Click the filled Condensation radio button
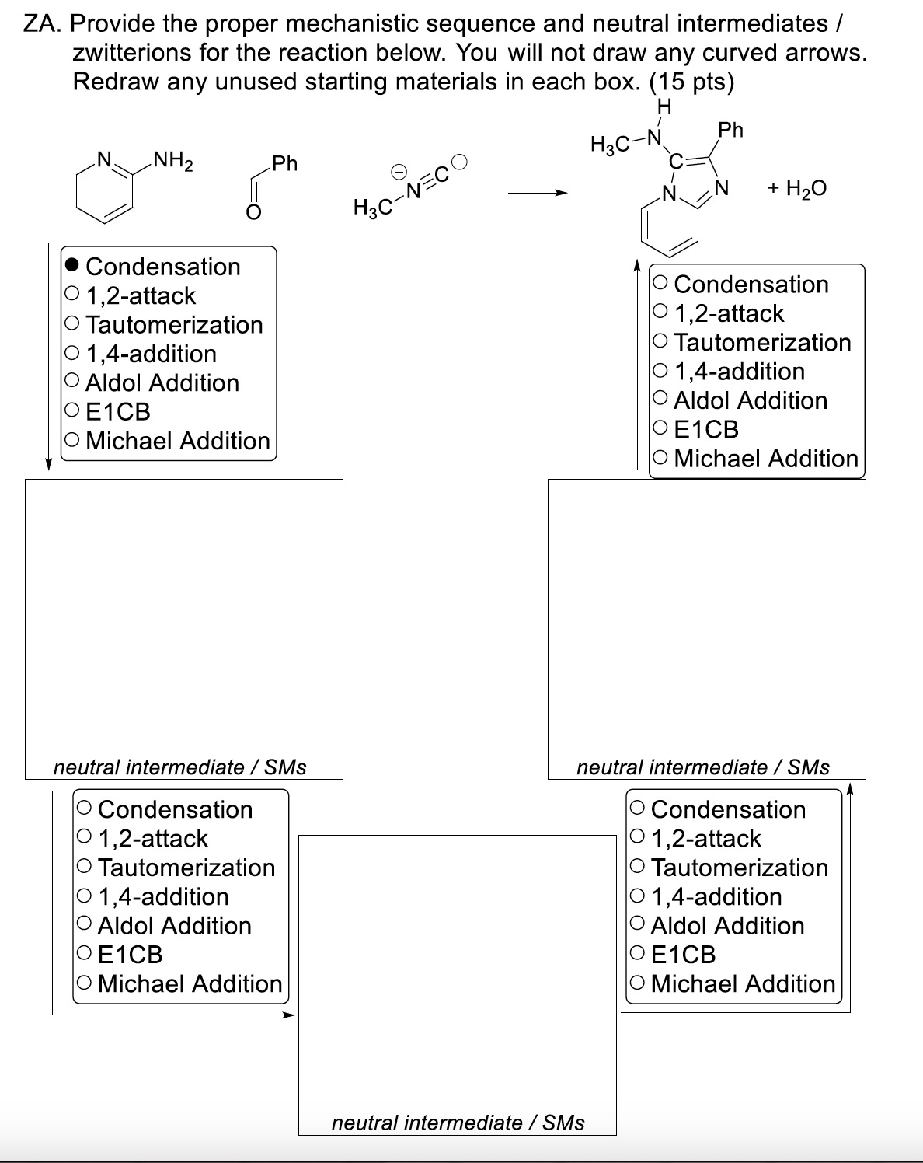coord(72,266)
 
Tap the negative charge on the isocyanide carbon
coord(459,162)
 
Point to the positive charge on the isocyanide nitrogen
coord(397,169)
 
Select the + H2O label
coord(796,188)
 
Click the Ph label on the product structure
coord(730,130)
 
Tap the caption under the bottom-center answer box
coord(458,1122)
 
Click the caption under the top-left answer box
coord(179,767)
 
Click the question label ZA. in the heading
coord(42,24)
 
